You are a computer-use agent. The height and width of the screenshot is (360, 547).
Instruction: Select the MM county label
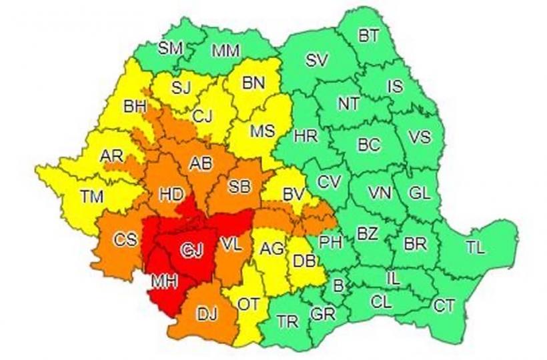click(225, 51)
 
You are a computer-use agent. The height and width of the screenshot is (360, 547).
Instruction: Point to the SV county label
click(317, 60)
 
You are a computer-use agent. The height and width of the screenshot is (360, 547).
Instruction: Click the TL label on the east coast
click(475, 248)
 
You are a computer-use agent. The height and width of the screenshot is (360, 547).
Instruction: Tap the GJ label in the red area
click(193, 250)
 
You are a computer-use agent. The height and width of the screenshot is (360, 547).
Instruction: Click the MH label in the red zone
click(163, 282)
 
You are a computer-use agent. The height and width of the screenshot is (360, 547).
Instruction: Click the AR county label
click(111, 156)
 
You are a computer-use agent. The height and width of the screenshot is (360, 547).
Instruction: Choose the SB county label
click(238, 187)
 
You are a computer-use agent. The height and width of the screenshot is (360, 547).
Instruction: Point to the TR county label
click(288, 322)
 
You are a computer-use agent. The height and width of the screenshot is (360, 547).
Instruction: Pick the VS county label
click(419, 137)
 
